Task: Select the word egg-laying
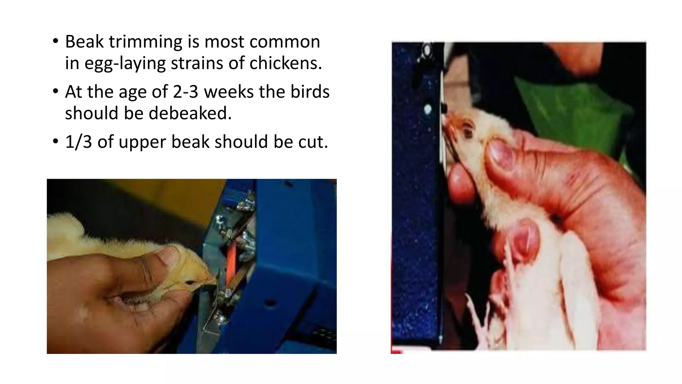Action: [125, 63]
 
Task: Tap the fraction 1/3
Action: [78, 142]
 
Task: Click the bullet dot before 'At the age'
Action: [55, 91]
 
